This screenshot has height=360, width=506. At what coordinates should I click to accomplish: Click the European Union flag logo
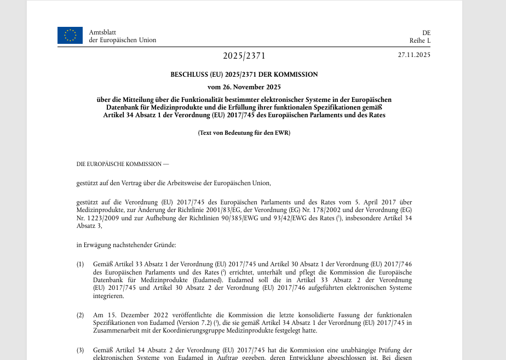70,35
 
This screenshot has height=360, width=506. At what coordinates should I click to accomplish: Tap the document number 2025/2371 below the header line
244,56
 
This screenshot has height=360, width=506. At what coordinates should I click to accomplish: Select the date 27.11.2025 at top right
414,55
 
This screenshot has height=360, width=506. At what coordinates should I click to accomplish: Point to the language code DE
426,32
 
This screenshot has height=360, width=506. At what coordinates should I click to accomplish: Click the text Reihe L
420,40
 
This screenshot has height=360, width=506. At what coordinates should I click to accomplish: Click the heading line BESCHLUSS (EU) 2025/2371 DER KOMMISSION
244,75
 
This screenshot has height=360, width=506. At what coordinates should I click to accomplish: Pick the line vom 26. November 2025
244,87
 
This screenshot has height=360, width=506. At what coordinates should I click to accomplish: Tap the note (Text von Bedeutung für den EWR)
244,133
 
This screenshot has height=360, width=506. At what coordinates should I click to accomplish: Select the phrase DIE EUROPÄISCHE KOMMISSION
119,164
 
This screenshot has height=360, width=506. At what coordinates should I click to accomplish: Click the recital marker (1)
81,265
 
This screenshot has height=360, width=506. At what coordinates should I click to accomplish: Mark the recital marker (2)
81,315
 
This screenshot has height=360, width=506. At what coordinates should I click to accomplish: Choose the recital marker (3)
81,350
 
